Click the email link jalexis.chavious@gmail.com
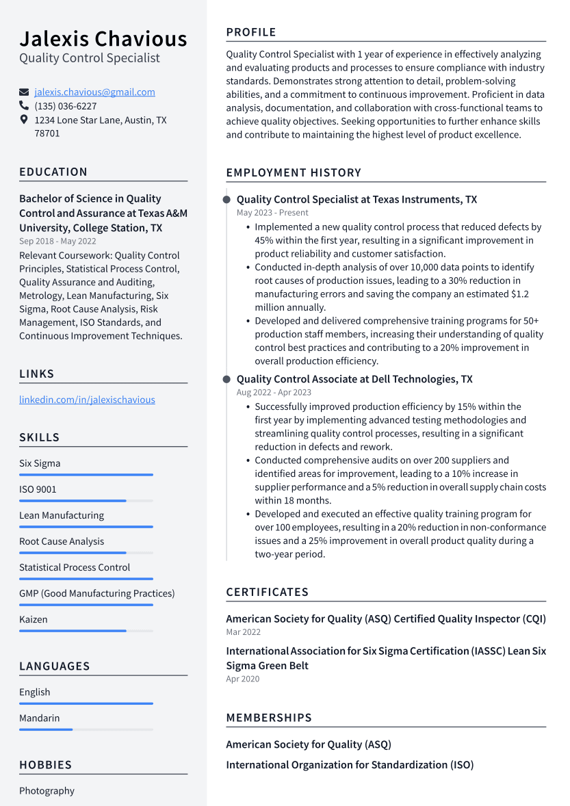point(94,92)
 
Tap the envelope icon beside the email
point(24,92)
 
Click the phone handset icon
point(24,106)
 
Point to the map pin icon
point(24,120)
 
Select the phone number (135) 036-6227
point(66,106)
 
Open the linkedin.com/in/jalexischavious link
point(87,400)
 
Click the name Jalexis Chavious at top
point(103,38)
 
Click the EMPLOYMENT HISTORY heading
point(294,172)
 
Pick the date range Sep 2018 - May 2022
point(57,241)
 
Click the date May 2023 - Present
point(272,213)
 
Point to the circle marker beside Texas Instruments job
point(226,200)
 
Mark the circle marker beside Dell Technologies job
point(226,379)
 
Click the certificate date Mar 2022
point(243,632)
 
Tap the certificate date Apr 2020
point(242,679)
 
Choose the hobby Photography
point(47,790)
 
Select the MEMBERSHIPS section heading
point(269,718)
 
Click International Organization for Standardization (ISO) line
point(350,765)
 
